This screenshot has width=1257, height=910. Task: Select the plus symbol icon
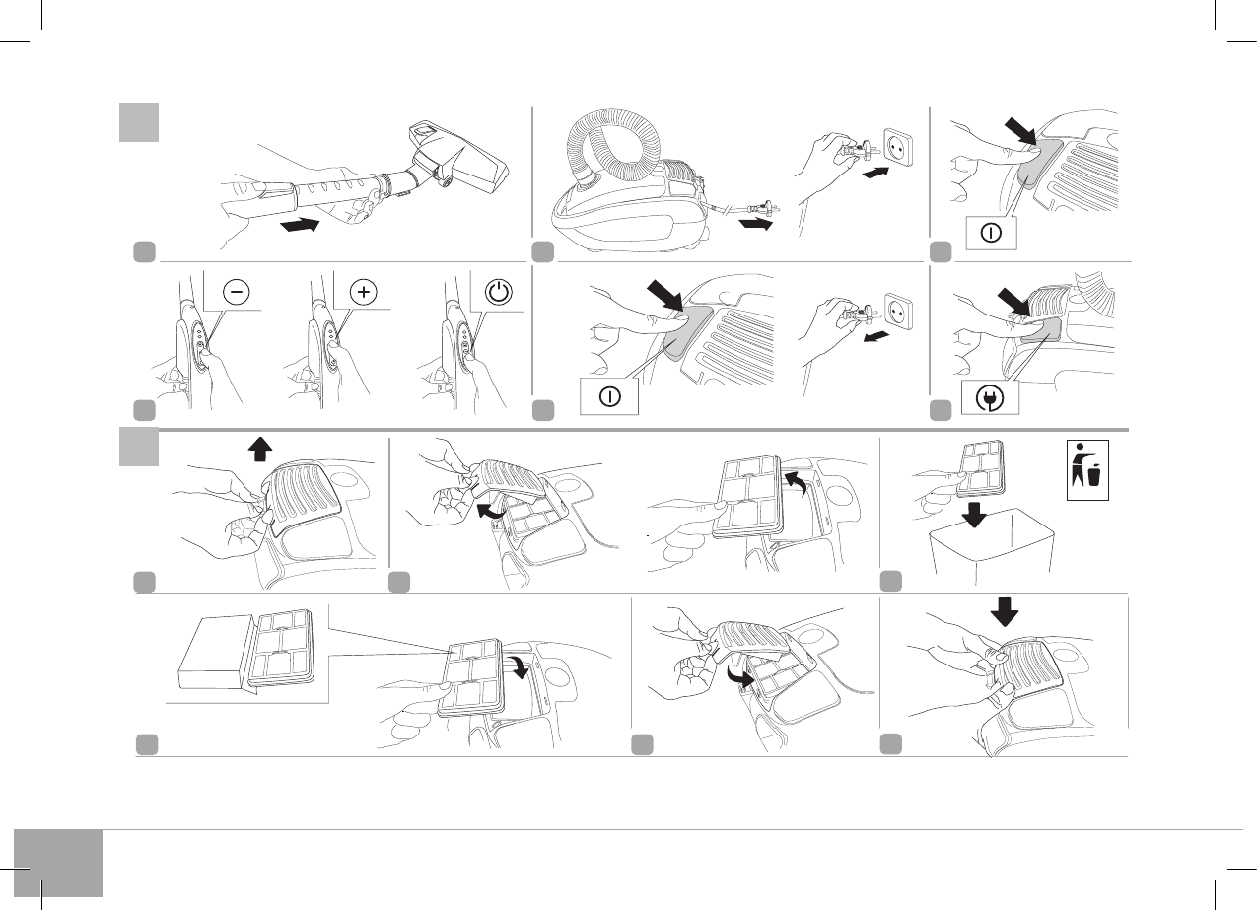[363, 293]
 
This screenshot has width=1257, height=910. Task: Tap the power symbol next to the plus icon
[499, 293]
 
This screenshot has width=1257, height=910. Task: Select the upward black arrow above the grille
[260, 450]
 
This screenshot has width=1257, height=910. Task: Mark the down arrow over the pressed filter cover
[1005, 612]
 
